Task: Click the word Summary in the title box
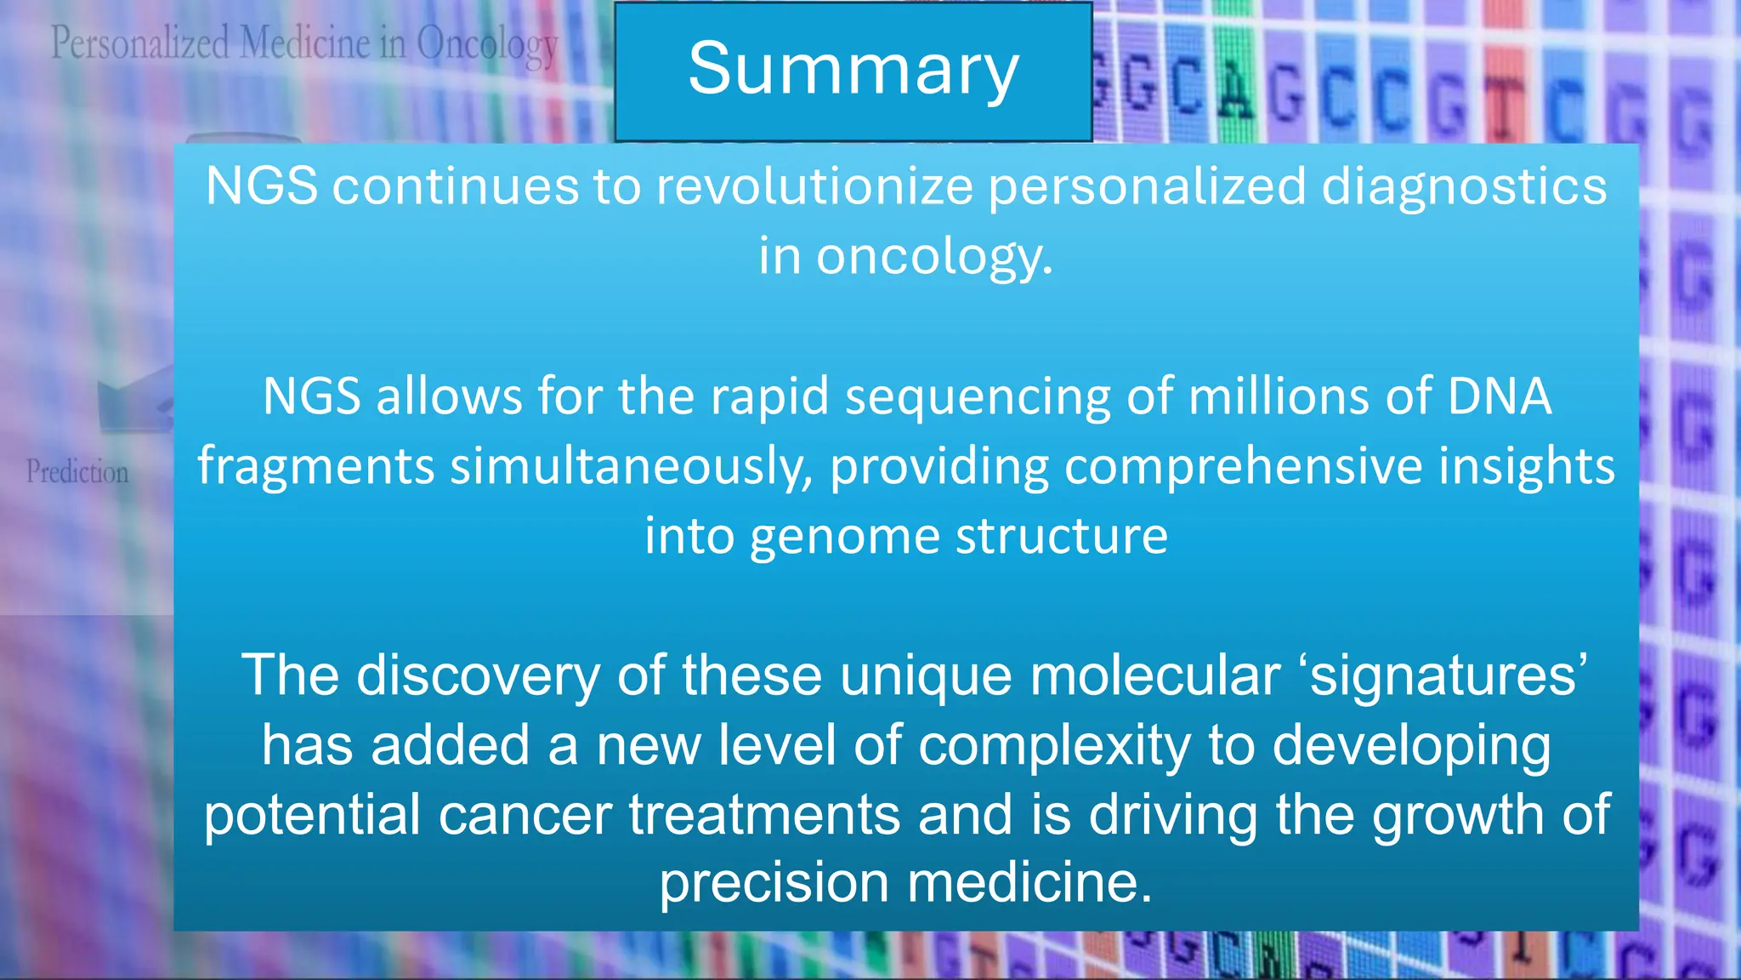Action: pos(853,70)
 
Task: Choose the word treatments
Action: pos(764,815)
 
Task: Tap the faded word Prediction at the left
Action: pos(77,472)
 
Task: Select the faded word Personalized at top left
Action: pos(140,43)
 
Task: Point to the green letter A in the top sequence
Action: pos(1234,88)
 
